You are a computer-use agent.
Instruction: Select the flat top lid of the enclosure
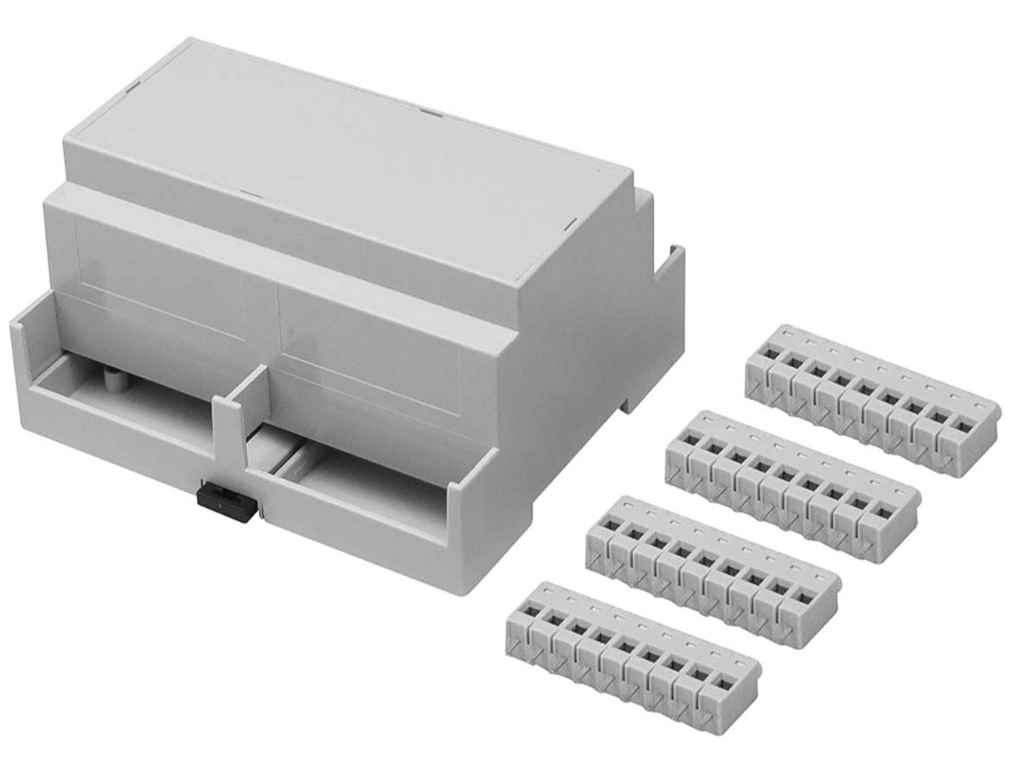pos(350,157)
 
